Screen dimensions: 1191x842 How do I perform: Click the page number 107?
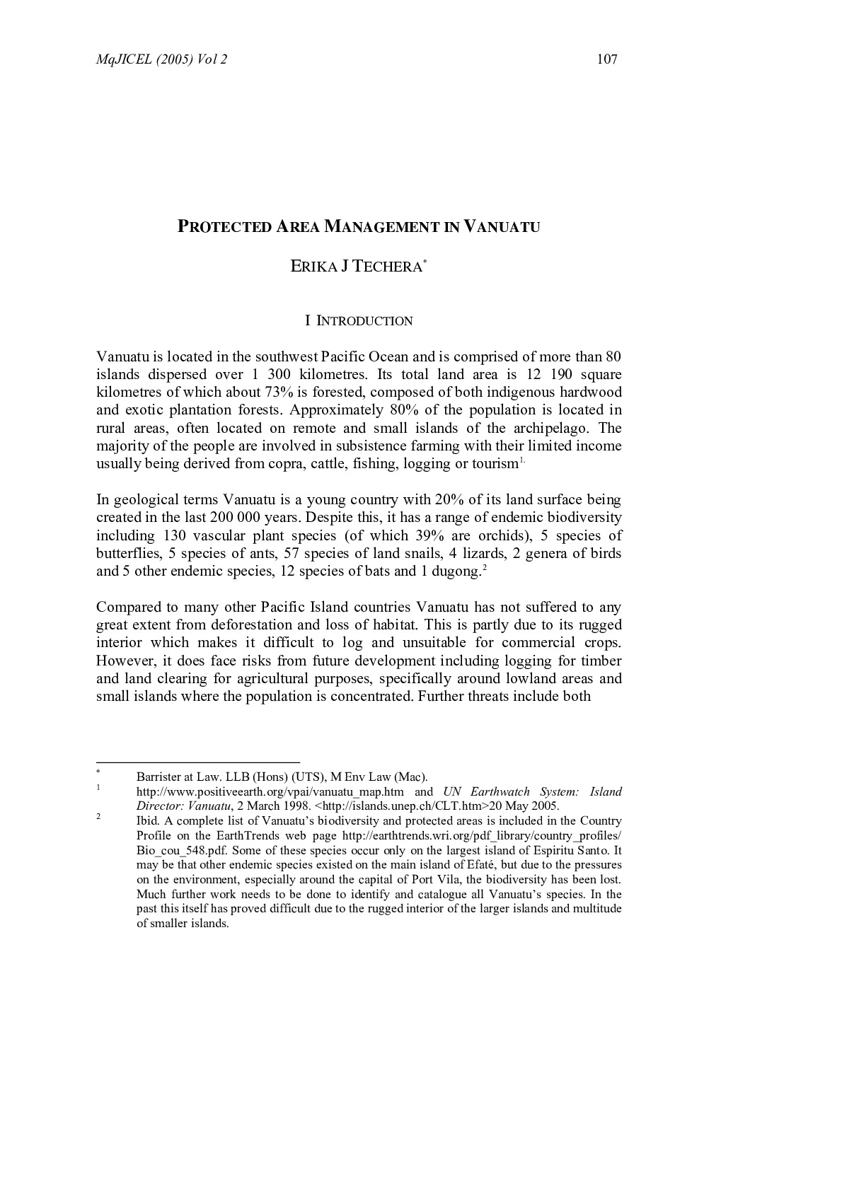pos(607,59)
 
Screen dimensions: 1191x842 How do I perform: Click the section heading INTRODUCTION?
pos(364,321)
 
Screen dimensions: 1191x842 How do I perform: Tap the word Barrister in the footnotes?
pos(161,777)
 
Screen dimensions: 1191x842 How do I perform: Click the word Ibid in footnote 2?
pos(146,821)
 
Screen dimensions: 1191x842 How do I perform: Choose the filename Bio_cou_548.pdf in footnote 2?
pos(180,851)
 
